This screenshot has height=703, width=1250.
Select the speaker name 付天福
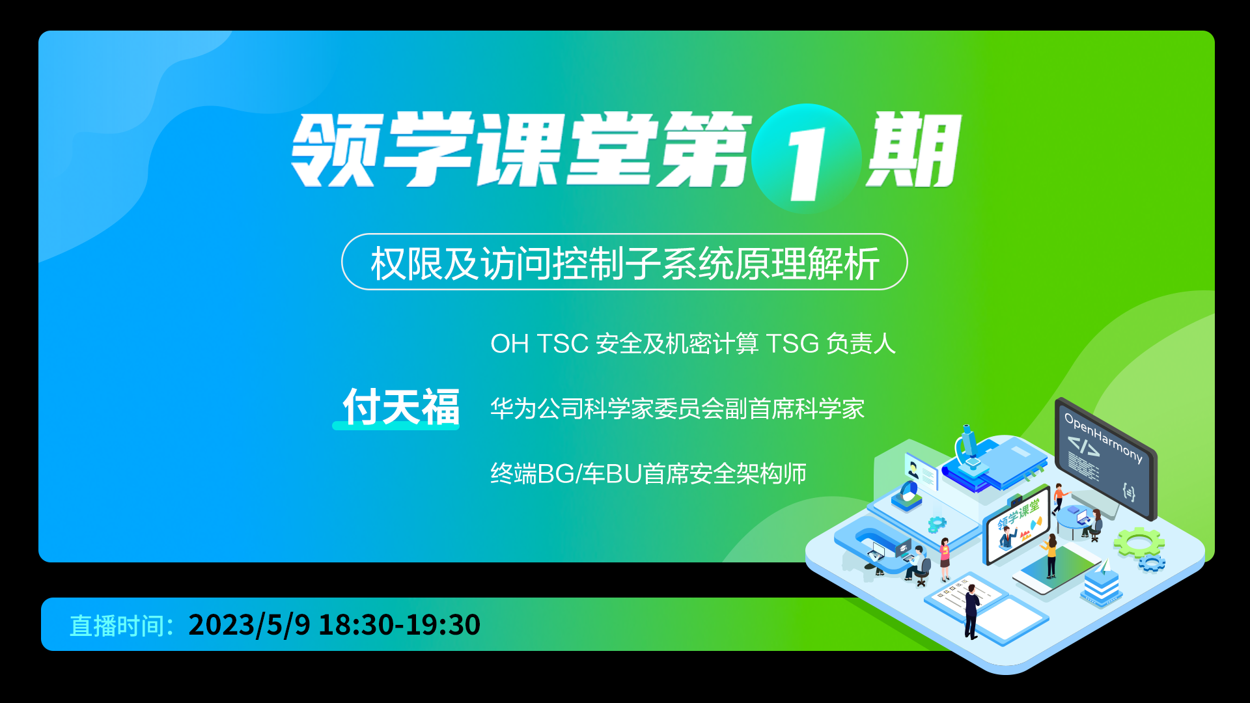[401, 407]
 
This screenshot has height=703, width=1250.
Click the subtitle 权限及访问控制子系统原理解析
[625, 264]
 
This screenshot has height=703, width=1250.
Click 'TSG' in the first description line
[792, 344]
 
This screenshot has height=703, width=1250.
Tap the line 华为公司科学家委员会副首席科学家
[677, 409]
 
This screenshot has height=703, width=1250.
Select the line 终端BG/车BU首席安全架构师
[648, 474]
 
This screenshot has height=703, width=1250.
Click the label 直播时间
[117, 626]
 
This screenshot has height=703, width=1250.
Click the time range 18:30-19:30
[399, 625]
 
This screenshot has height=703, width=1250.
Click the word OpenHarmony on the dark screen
[1103, 437]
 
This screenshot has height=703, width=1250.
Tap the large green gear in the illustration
[1139, 542]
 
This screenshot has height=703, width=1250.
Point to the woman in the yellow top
[1050, 557]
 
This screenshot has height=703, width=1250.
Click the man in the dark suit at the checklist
[971, 612]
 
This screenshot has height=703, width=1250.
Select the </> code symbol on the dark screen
[1083, 447]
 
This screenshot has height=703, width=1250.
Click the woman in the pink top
[945, 558]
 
